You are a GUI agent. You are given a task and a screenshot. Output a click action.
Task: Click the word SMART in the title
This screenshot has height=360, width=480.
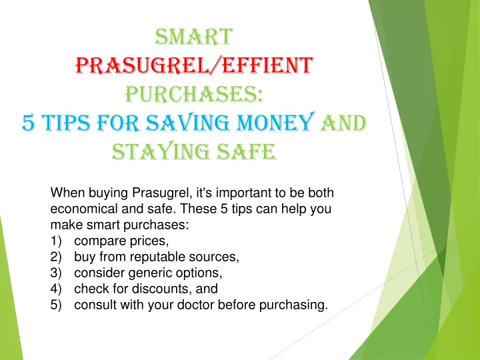(194, 37)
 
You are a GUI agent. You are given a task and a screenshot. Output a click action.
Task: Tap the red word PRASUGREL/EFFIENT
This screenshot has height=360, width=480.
(195, 65)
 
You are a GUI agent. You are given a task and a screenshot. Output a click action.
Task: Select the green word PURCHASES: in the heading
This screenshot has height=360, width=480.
(195, 94)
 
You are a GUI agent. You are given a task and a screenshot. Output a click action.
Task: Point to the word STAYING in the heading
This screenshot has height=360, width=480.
(161, 151)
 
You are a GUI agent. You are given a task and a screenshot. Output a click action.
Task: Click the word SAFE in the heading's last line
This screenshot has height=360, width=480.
(247, 151)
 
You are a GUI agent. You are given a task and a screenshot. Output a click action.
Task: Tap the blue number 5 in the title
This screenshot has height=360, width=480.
(29, 123)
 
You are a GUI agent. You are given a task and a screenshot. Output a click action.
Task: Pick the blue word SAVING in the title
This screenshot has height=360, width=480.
(187, 123)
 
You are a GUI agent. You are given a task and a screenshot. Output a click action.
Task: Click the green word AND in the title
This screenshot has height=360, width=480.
(343, 123)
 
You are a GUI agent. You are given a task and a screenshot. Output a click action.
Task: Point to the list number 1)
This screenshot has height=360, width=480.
(56, 241)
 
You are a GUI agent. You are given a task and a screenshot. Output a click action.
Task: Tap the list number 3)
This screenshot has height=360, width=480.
(56, 273)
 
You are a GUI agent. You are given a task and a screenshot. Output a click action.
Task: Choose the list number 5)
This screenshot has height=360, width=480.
(56, 305)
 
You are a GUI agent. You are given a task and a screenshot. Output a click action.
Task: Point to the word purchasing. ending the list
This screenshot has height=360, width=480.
(293, 305)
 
